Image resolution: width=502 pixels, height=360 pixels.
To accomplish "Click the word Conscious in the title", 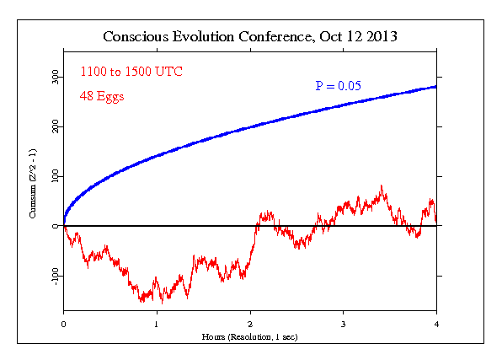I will coord(133,37).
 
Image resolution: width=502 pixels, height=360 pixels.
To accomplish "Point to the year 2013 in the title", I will coord(380,37).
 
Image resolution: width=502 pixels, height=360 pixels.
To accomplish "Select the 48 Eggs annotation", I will coord(103,97).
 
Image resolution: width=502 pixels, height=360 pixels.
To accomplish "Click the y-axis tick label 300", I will coord(54,77).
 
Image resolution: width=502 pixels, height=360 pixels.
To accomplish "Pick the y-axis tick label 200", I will coord(54,126).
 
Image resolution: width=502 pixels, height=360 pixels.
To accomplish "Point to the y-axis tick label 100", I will coord(54,176).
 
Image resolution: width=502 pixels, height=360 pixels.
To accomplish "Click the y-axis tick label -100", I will coord(54,275).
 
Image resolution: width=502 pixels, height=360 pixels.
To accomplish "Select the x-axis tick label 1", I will coord(157,324).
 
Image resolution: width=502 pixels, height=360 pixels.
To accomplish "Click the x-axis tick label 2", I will coord(250,324).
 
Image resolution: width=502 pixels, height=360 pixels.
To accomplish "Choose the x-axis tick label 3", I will coord(344,324).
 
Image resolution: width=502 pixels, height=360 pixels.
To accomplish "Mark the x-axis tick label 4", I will coord(436,324).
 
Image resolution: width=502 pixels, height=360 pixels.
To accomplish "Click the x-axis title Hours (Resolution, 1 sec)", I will coord(250,336).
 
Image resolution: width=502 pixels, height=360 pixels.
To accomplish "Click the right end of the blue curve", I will coord(435,87).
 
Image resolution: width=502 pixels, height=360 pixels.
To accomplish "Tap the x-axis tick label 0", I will coord(64,324).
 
